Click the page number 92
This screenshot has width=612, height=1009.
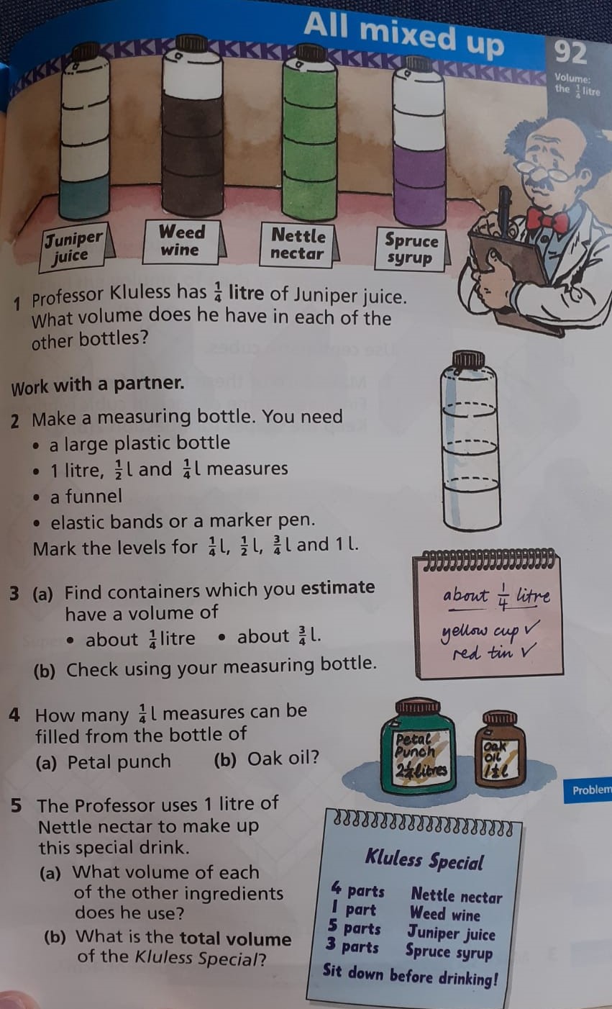(570, 53)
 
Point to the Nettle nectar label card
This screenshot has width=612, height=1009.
(298, 245)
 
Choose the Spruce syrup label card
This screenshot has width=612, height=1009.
(411, 248)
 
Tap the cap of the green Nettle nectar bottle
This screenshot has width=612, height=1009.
(309, 53)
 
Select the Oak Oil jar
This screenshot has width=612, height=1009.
(500, 748)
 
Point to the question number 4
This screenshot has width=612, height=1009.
(14, 715)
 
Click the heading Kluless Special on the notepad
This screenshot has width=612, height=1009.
(424, 859)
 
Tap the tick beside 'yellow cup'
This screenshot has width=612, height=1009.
(531, 625)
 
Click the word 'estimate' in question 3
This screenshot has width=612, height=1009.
(338, 587)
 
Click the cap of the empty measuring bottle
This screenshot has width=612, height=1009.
(468, 359)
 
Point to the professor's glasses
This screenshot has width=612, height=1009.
(544, 169)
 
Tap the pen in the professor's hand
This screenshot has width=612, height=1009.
(505, 211)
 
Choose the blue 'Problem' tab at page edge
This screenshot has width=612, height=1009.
(588, 790)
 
